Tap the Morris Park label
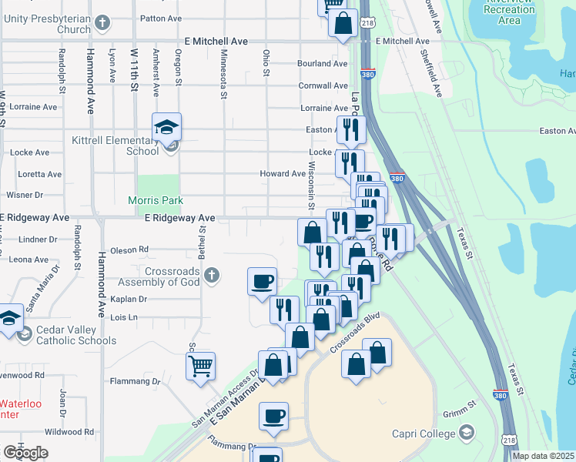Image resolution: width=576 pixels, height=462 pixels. click(x=156, y=200)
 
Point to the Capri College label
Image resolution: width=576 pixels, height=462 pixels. click(x=424, y=434)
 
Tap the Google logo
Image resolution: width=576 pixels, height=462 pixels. click(x=25, y=453)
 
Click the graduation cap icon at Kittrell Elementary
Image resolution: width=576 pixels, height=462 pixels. click(x=166, y=128)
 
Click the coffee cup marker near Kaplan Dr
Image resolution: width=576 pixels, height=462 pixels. click(x=263, y=280)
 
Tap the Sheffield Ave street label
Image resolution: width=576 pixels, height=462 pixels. click(x=431, y=72)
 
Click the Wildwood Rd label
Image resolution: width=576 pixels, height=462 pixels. click(x=69, y=432)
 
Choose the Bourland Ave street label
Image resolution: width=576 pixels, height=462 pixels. click(x=323, y=63)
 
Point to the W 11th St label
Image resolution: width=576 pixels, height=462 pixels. click(x=133, y=70)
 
